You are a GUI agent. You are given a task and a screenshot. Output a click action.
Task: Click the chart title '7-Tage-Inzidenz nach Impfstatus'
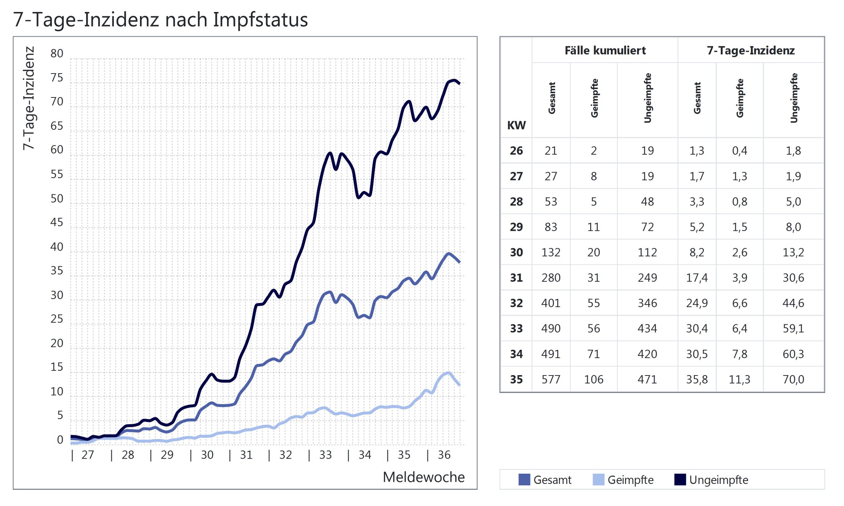[x=160, y=20]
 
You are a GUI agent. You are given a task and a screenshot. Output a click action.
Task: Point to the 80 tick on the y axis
[x=57, y=54]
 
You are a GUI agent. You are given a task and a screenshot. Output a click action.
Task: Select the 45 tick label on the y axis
[x=57, y=222]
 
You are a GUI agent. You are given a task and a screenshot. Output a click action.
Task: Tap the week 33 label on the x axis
[x=325, y=455]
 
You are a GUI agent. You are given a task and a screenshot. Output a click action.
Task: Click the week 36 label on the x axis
[x=444, y=455]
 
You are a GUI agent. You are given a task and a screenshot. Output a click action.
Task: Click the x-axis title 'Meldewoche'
[x=423, y=477]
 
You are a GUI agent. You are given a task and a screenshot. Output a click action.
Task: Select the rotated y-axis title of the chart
[x=29, y=98]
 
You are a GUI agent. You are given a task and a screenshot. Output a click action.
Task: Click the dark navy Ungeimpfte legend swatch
[x=680, y=480]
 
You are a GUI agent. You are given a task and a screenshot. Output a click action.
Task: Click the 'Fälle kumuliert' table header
[x=605, y=50]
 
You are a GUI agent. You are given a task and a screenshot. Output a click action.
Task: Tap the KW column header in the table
[x=516, y=125]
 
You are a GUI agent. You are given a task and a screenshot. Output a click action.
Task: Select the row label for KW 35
[x=516, y=379]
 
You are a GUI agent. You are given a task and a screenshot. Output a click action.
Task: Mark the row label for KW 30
[x=516, y=252]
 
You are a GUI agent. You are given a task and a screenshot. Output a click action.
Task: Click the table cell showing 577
[x=551, y=379]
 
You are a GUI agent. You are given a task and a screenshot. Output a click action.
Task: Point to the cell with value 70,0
[x=793, y=379]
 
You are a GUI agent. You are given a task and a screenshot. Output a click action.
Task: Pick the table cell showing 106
[x=593, y=379]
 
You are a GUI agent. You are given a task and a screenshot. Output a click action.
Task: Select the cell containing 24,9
[x=697, y=303]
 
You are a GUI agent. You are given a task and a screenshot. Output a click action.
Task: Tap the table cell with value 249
[x=647, y=278]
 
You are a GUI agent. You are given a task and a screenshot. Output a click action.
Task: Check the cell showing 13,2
[x=793, y=252]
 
